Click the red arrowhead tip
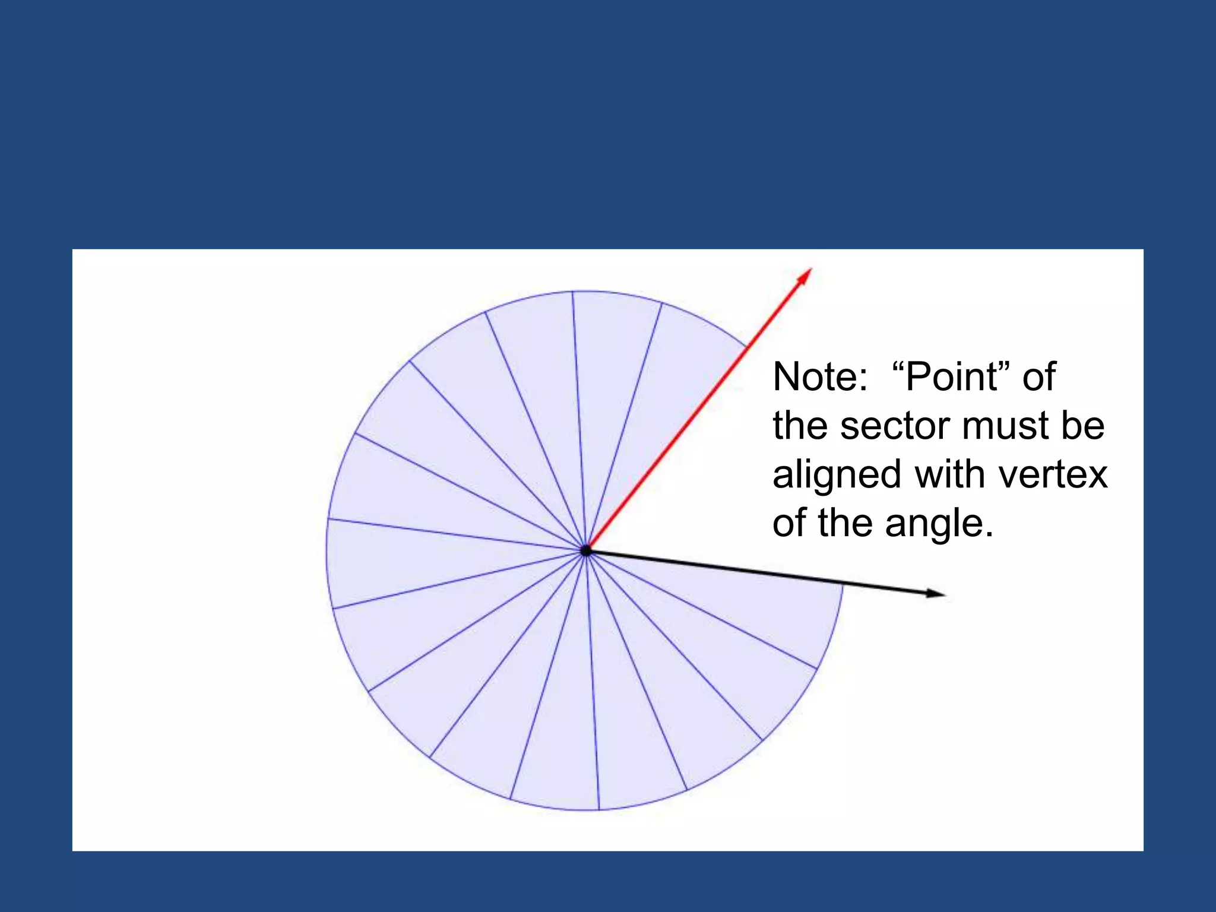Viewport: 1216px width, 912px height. click(810, 269)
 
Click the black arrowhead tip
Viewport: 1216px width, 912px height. click(944, 594)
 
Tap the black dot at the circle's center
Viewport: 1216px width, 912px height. click(586, 550)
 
